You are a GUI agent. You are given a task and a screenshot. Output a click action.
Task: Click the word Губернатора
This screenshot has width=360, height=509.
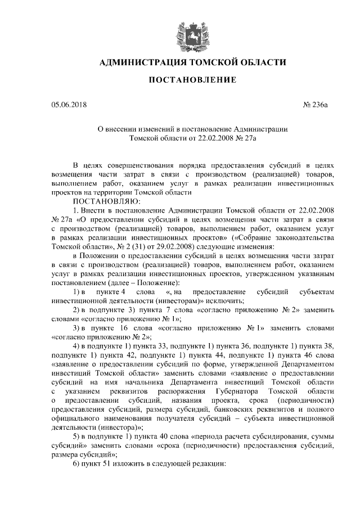click(x=245, y=391)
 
